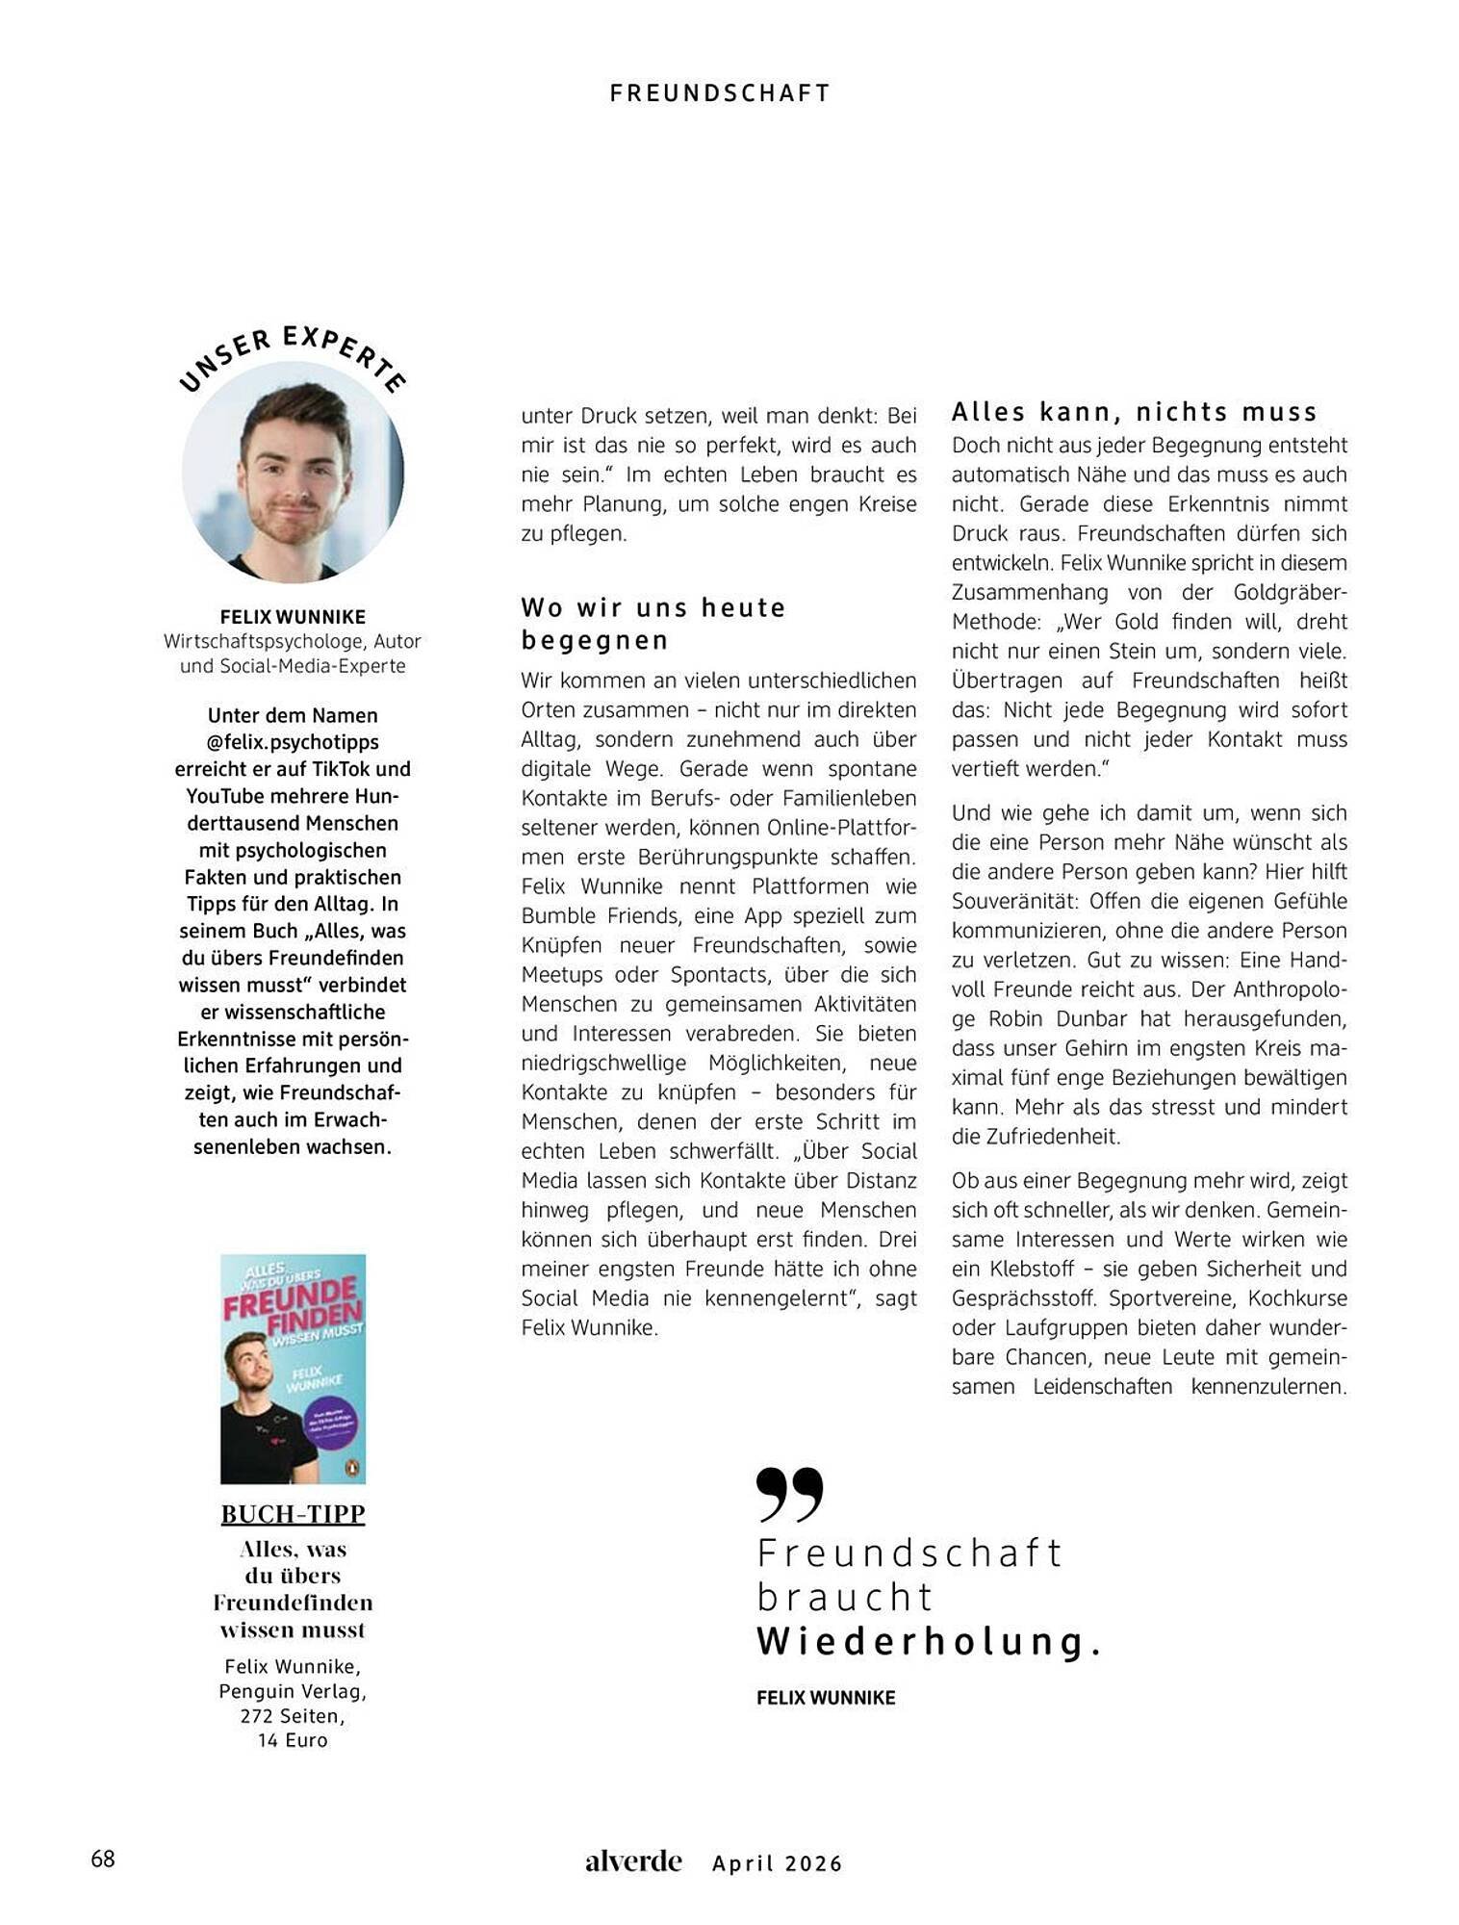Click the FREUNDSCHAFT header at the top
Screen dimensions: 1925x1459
tap(720, 93)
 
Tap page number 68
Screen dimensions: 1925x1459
tap(103, 1859)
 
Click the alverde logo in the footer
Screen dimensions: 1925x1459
tap(633, 1861)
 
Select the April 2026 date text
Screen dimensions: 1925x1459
tap(778, 1863)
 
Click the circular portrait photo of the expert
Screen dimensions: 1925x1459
tap(293, 472)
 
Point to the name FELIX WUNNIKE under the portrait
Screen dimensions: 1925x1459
tap(293, 617)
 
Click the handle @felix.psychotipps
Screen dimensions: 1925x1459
tap(293, 742)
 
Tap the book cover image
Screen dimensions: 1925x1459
tap(293, 1368)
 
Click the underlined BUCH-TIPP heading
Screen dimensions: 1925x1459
tap(293, 1514)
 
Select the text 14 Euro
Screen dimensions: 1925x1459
tap(293, 1740)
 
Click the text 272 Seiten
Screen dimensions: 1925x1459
tap(293, 1716)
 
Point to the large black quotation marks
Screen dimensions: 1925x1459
tap(790, 1494)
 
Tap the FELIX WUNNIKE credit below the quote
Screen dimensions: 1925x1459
tap(826, 1698)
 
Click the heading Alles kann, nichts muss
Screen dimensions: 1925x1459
tap(1134, 412)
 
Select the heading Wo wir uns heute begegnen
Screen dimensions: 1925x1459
tap(653, 624)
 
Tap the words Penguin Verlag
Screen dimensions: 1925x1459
tap(293, 1691)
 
